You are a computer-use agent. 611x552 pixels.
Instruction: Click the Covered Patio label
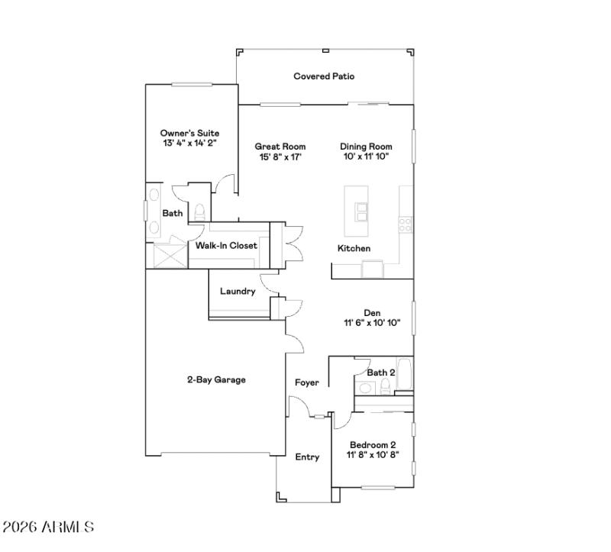click(324, 76)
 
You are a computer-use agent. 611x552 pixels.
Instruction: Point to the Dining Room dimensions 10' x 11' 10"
click(366, 157)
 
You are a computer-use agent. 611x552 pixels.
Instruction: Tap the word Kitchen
click(354, 249)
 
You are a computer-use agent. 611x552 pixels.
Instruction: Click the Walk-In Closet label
click(226, 246)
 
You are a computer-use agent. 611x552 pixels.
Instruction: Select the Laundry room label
click(238, 291)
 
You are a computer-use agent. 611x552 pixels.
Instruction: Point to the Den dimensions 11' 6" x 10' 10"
click(372, 323)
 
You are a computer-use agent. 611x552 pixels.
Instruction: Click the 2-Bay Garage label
click(216, 379)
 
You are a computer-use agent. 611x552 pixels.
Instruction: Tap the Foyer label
click(307, 383)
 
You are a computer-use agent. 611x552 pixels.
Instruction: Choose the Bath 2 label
click(380, 372)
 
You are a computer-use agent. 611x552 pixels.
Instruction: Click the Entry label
click(307, 457)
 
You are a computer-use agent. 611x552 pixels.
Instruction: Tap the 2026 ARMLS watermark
click(48, 527)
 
